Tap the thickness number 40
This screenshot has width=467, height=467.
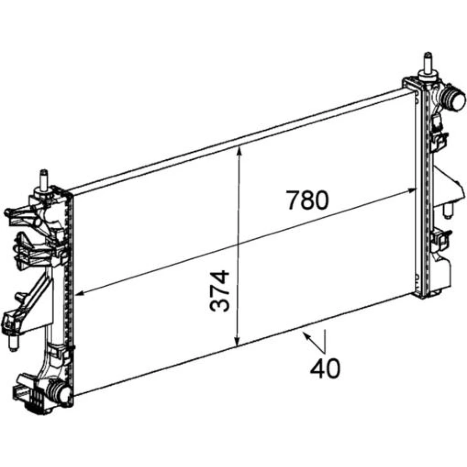(x=325, y=368)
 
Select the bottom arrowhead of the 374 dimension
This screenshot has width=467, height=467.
(x=237, y=342)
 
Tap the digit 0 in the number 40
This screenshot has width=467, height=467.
(x=333, y=368)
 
